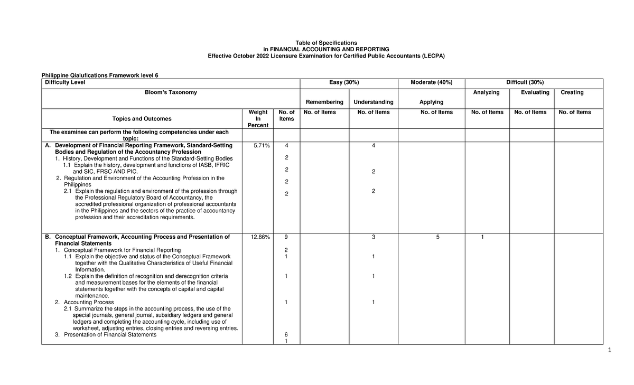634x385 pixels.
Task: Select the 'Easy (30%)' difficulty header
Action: click(x=348, y=82)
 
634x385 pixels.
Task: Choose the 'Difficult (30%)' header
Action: click(x=525, y=82)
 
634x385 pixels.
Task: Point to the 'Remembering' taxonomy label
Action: click(x=324, y=102)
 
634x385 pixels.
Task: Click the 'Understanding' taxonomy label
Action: click(x=374, y=102)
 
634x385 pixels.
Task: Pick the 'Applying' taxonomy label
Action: click(x=431, y=102)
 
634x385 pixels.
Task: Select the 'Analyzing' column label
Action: click(x=487, y=92)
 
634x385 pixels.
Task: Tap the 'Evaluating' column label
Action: click(x=535, y=92)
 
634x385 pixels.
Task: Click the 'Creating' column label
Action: click(x=572, y=92)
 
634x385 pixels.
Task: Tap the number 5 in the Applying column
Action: click(x=437, y=237)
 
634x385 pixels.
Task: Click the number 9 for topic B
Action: click(x=286, y=237)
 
